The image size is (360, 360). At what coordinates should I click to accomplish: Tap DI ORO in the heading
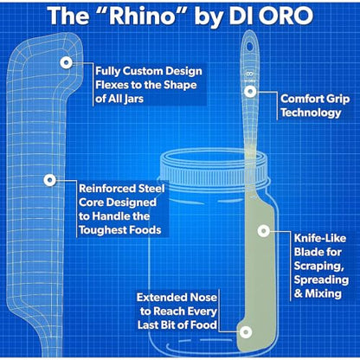pyautogui.click(x=271, y=16)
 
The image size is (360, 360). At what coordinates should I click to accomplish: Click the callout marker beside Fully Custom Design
pyautogui.click(x=67, y=62)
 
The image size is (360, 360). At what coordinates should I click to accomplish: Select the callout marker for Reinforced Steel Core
pyautogui.click(x=49, y=180)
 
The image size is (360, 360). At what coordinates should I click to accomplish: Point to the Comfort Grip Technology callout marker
pyautogui.click(x=250, y=92)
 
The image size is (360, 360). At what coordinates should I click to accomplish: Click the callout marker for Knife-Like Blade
pyautogui.click(x=263, y=231)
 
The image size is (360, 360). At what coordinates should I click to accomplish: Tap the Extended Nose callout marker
pyautogui.click(x=246, y=332)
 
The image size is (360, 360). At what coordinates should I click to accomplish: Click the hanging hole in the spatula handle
pyautogui.click(x=249, y=46)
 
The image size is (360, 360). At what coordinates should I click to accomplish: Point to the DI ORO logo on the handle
pyautogui.click(x=250, y=77)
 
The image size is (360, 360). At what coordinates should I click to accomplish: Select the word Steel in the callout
pyautogui.click(x=151, y=189)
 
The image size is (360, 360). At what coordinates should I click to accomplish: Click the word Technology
pyautogui.click(x=311, y=112)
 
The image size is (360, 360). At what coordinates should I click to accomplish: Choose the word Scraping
pyautogui.click(x=318, y=267)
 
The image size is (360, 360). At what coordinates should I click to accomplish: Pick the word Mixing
pyautogui.click(x=324, y=293)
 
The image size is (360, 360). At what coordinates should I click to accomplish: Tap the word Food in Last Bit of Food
pyautogui.click(x=203, y=325)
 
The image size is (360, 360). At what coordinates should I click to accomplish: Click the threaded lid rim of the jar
pyautogui.click(x=214, y=169)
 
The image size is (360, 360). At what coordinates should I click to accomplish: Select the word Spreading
pyautogui.click(x=321, y=280)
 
